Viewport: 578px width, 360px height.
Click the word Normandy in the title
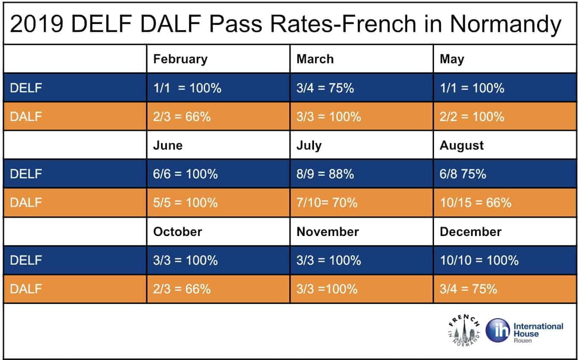tap(505, 25)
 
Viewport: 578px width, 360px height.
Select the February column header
tap(180, 59)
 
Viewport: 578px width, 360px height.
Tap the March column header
tap(315, 59)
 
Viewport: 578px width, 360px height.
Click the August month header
tap(462, 145)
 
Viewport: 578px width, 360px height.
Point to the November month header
tap(328, 232)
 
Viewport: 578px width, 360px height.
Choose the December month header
tap(470, 232)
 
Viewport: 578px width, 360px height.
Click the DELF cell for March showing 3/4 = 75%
tap(325, 88)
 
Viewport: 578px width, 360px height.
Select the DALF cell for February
tap(182, 117)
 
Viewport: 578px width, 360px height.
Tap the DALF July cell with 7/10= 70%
tap(327, 202)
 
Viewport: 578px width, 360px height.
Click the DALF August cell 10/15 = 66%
tap(475, 202)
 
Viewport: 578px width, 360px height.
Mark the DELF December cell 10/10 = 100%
tap(479, 260)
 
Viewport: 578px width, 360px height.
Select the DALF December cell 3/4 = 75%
tap(468, 289)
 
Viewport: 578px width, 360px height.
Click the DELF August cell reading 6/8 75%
tap(463, 174)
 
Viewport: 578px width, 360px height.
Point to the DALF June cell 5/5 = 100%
tap(185, 202)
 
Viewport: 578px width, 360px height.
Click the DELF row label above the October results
tap(26, 260)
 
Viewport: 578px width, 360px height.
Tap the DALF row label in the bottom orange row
tap(26, 289)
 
